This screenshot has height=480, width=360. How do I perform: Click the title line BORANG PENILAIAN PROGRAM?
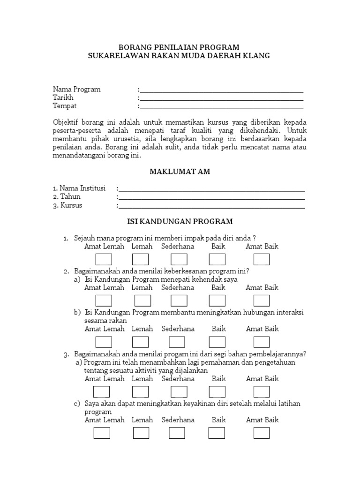tap(180, 47)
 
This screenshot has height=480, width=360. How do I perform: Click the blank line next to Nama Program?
tap(221, 91)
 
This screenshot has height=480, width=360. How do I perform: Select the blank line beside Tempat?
tap(221, 108)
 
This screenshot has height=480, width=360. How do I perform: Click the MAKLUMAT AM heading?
tap(180, 172)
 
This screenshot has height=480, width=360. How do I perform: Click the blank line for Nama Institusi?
tap(212, 190)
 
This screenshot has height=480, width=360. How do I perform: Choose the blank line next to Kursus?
tap(212, 207)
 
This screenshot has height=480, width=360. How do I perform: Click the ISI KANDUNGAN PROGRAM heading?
tap(180, 221)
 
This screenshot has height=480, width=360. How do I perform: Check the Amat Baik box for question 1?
tap(262, 259)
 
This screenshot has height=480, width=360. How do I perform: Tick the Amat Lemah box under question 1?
tap(104, 259)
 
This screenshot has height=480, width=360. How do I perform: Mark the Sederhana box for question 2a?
tap(179, 300)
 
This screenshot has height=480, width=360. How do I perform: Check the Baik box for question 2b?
tap(217, 342)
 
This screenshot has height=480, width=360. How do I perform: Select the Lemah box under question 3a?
tap(141, 391)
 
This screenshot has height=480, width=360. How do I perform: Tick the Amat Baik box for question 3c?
tap(262, 433)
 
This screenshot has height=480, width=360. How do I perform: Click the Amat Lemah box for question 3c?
tap(102, 433)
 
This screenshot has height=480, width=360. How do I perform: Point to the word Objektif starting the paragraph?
tap(67, 122)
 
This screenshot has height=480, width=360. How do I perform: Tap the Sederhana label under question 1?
tap(178, 247)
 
